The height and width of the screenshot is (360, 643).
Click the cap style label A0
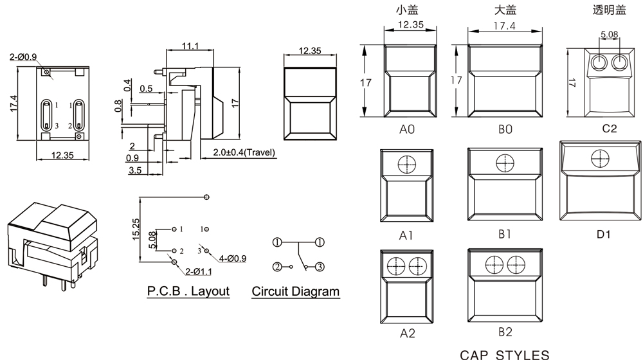pyautogui.click(x=407, y=129)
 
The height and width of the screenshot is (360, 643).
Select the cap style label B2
pyautogui.click(x=505, y=332)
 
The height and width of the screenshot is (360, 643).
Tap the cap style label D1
pyautogui.click(x=603, y=233)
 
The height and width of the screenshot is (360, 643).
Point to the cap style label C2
pyautogui.click(x=610, y=129)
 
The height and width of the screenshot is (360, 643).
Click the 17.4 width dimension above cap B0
pyautogui.click(x=505, y=26)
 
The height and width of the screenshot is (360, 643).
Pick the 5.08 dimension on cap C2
pyautogui.click(x=610, y=34)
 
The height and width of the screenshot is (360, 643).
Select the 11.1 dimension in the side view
pyautogui.click(x=190, y=46)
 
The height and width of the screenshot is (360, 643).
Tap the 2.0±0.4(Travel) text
pyautogui.click(x=244, y=152)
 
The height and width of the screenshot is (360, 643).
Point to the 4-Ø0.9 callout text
pyautogui.click(x=232, y=258)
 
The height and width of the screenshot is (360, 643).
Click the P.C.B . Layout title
pyautogui.click(x=188, y=291)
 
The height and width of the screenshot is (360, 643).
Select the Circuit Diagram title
pyautogui.click(x=295, y=291)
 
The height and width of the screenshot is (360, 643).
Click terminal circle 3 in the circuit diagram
pyautogui.click(x=319, y=266)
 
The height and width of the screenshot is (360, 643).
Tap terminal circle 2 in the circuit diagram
pyautogui.click(x=277, y=266)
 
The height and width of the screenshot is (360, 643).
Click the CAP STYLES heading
pyautogui.click(x=505, y=354)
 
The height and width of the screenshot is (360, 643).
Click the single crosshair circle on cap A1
pyautogui.click(x=407, y=165)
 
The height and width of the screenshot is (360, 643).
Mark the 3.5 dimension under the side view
pyautogui.click(x=134, y=170)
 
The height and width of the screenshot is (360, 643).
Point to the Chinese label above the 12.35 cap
pyautogui.click(x=407, y=10)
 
